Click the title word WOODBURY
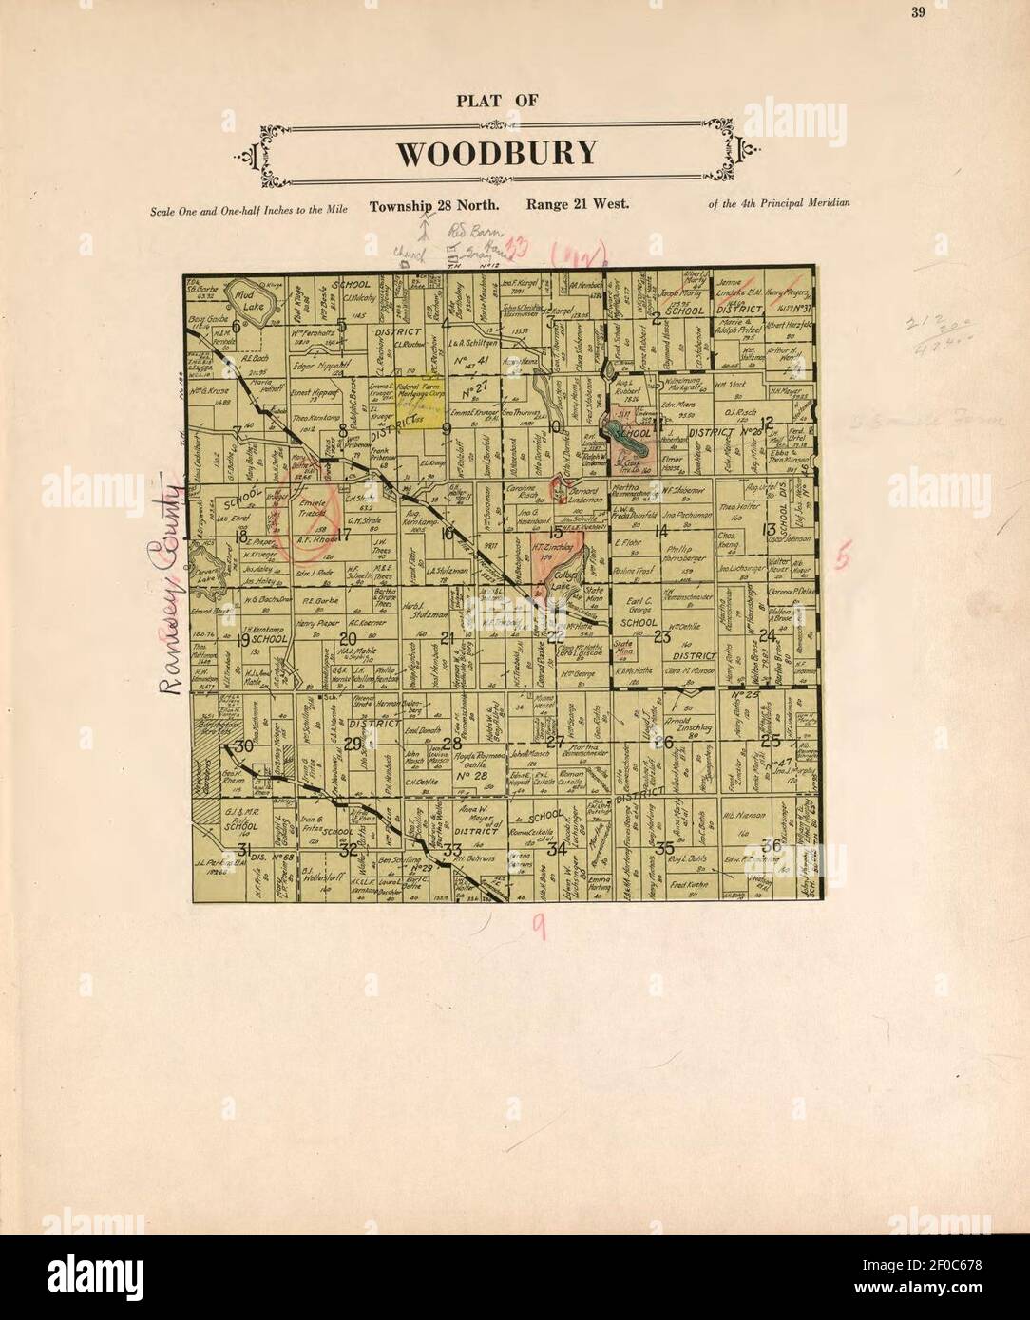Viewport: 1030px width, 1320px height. point(496,153)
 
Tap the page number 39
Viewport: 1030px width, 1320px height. point(917,11)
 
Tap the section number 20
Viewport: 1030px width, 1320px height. point(348,637)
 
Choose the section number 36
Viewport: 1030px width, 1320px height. point(772,844)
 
